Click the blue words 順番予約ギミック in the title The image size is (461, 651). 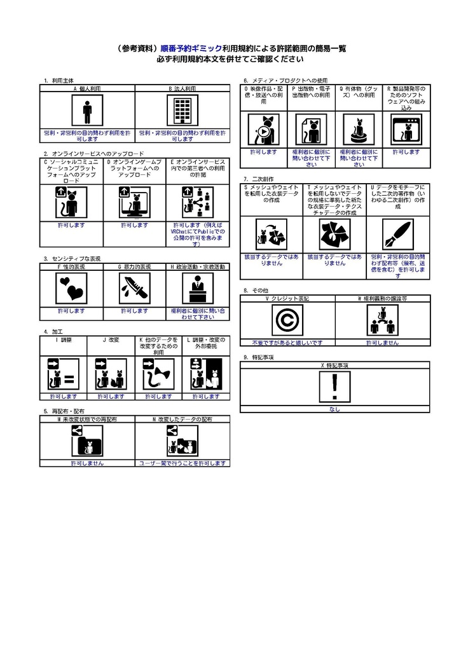click(x=191, y=48)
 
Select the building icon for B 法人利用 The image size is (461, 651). click(x=182, y=113)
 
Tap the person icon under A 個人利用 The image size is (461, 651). click(x=87, y=113)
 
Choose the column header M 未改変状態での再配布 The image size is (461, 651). click(x=87, y=420)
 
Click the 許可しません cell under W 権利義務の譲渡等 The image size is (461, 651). click(x=382, y=342)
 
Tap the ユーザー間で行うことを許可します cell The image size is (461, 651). click(x=182, y=463)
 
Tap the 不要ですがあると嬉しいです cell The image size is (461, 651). click(x=287, y=342)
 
